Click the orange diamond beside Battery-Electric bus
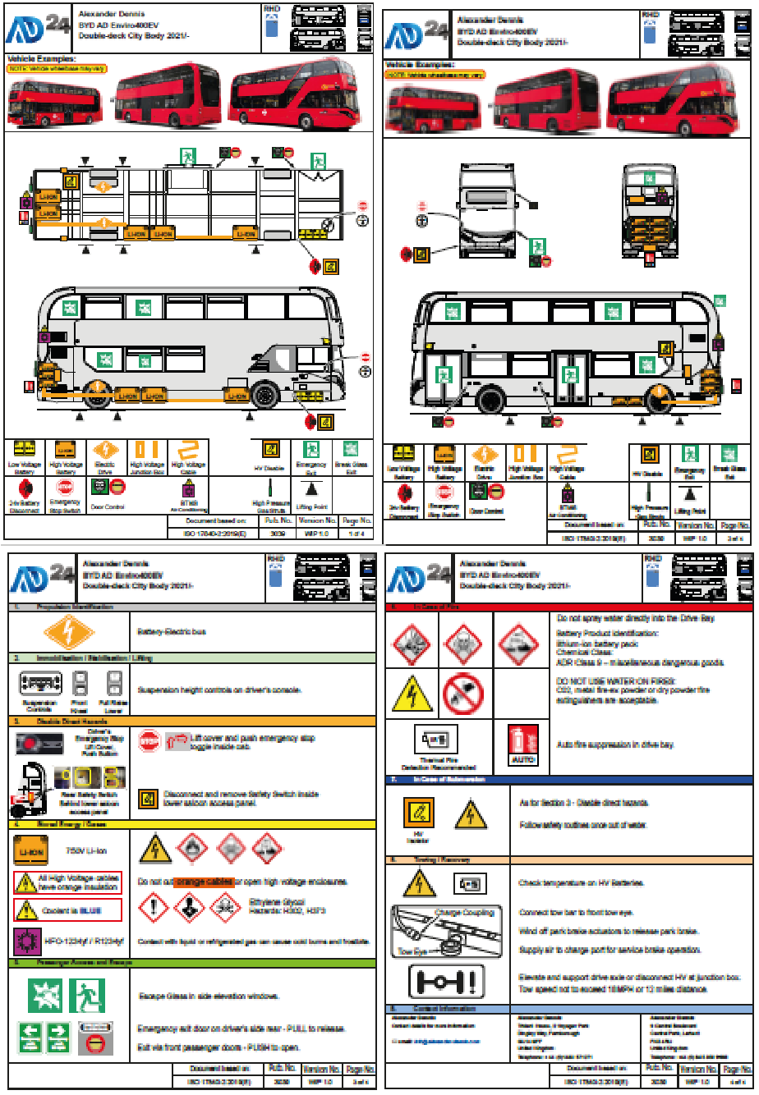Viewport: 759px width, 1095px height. point(69,633)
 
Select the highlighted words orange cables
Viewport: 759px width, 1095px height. point(204,882)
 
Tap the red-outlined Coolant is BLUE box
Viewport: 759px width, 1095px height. point(68,909)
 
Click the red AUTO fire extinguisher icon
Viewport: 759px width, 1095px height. point(523,744)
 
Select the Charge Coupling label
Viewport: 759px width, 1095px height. point(464,913)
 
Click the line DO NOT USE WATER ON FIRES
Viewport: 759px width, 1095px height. point(615,681)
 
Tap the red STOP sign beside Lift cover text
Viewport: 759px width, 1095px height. point(149,741)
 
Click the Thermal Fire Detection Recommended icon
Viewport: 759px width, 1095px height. point(436,741)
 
